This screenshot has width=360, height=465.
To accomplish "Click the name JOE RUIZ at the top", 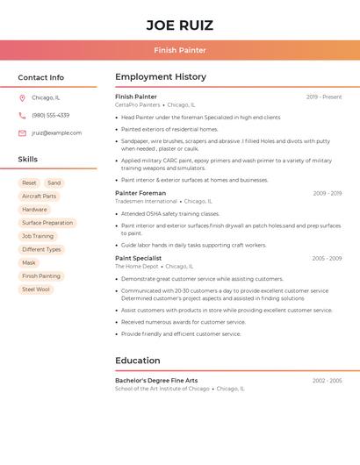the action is [179, 25].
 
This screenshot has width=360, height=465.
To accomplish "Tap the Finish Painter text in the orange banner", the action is [179, 50].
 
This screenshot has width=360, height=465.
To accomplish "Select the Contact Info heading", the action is [41, 77].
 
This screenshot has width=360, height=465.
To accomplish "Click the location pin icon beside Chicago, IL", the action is [22, 97].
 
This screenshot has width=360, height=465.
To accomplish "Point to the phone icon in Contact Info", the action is [22, 115].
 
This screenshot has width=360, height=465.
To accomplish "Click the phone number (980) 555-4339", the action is [50, 115].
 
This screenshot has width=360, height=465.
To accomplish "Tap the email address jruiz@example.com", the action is [56, 132].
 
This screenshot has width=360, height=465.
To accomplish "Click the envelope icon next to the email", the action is [22, 132].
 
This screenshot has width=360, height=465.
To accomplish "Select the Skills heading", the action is [28, 159].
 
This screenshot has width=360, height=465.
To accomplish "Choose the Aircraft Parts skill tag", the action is [39, 197].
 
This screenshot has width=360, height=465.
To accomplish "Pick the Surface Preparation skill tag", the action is [47, 223].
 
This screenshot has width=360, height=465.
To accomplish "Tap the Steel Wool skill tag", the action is [36, 289].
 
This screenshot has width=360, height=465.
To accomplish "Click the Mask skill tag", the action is [29, 262].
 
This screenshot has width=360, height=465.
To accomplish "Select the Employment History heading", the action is [161, 77].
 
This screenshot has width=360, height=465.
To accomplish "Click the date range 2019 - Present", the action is [324, 97].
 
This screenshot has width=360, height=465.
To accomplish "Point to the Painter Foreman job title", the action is [140, 193].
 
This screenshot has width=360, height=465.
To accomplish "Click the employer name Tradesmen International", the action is [146, 201].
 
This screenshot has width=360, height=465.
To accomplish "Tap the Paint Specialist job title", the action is [139, 258].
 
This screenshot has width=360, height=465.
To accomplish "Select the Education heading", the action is [138, 361].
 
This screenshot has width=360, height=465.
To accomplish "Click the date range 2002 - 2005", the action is [327, 381].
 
